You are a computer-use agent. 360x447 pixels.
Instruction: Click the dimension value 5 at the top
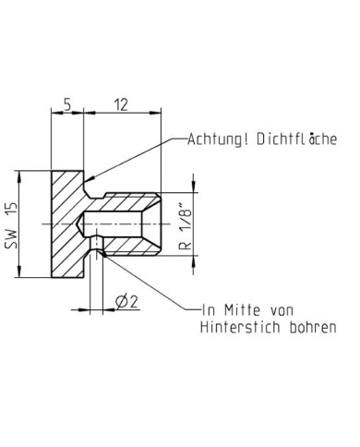[x=66, y=104]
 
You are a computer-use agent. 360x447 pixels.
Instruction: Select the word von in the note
[x=295, y=309]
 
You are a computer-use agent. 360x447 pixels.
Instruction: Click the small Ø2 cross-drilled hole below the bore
[x=96, y=248]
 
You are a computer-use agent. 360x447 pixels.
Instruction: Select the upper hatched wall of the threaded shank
[x=129, y=202]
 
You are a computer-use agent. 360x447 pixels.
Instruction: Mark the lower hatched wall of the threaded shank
[x=129, y=246]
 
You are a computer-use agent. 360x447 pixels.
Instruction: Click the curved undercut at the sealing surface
[x=89, y=188]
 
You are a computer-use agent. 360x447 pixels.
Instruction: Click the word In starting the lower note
[x=209, y=309]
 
